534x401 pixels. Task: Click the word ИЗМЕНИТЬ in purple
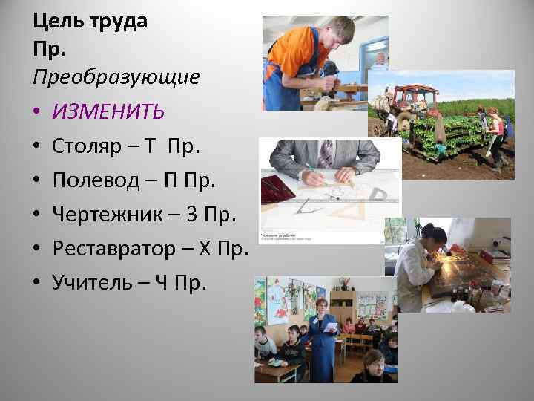108,111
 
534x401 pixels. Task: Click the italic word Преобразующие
116,76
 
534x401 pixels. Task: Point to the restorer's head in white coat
434,237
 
